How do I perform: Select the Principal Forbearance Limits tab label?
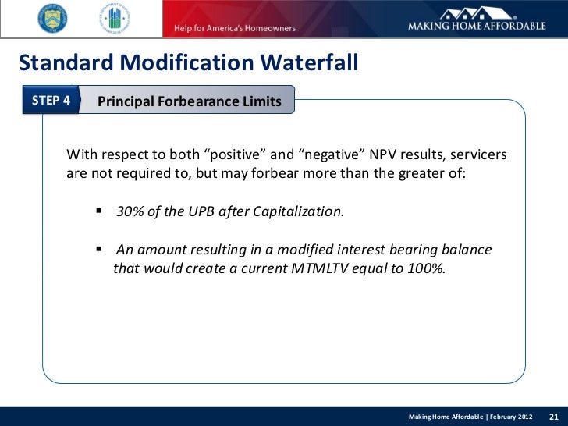click(x=189, y=101)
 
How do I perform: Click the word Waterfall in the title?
click(x=303, y=61)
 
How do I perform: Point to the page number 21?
click(x=556, y=416)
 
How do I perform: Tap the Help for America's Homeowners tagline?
click(x=229, y=28)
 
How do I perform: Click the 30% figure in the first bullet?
click(x=130, y=211)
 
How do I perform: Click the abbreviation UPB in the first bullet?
click(x=198, y=211)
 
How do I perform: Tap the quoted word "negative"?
click(x=330, y=155)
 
